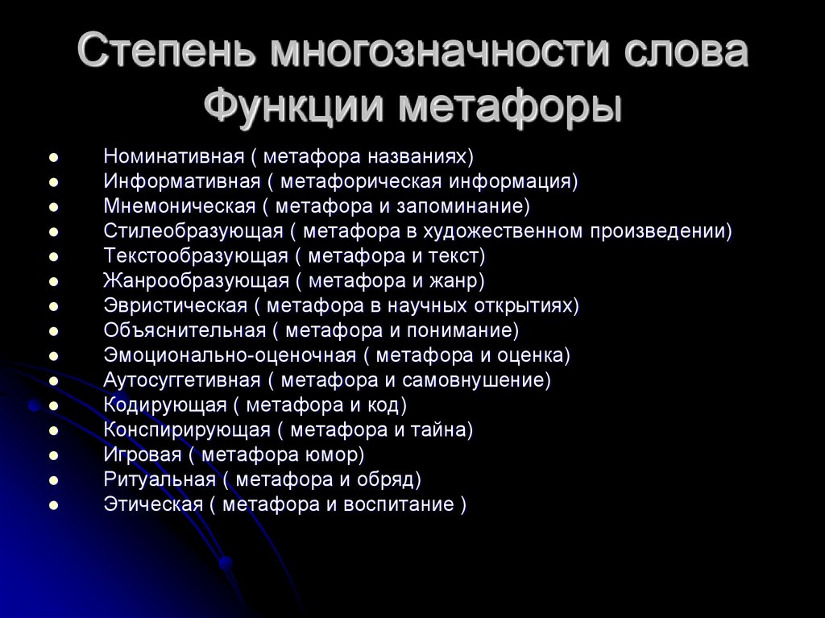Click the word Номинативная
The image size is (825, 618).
click(x=173, y=156)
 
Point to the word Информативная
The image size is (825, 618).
click(x=181, y=180)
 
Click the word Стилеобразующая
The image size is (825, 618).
click(x=193, y=231)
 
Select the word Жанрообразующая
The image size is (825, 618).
click(x=196, y=280)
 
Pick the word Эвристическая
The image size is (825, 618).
click(x=175, y=305)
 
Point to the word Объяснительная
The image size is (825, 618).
click(x=184, y=330)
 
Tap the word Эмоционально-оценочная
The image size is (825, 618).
click(x=230, y=355)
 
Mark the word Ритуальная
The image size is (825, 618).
click(x=160, y=479)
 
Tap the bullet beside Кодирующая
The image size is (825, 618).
click(x=53, y=405)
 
